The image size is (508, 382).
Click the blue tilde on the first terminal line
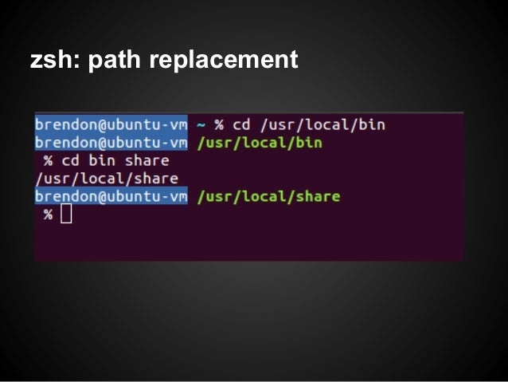pyautogui.click(x=201, y=125)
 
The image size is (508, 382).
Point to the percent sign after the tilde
pyautogui.click(x=219, y=125)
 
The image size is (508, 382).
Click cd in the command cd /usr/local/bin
pyautogui.click(x=241, y=125)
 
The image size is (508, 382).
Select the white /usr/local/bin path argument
pyautogui.click(x=322, y=125)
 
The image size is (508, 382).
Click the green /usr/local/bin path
pyautogui.click(x=259, y=144)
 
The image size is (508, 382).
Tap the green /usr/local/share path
pyautogui.click(x=268, y=196)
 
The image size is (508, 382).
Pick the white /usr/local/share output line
pyautogui.click(x=107, y=179)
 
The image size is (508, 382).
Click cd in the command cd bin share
pyautogui.click(x=71, y=161)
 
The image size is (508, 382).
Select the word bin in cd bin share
pyautogui.click(x=102, y=161)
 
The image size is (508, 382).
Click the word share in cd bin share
pyautogui.click(x=147, y=161)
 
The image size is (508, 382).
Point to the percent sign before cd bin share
pyautogui.click(x=49, y=161)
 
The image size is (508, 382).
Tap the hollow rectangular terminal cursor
pyautogui.click(x=66, y=214)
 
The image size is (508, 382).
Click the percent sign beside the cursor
pyautogui.click(x=49, y=215)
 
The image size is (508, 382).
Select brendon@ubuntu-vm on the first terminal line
pyautogui.click(x=111, y=125)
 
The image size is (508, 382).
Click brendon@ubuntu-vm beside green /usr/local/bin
pyautogui.click(x=111, y=144)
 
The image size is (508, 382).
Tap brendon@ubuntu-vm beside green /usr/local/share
pyautogui.click(x=111, y=196)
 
